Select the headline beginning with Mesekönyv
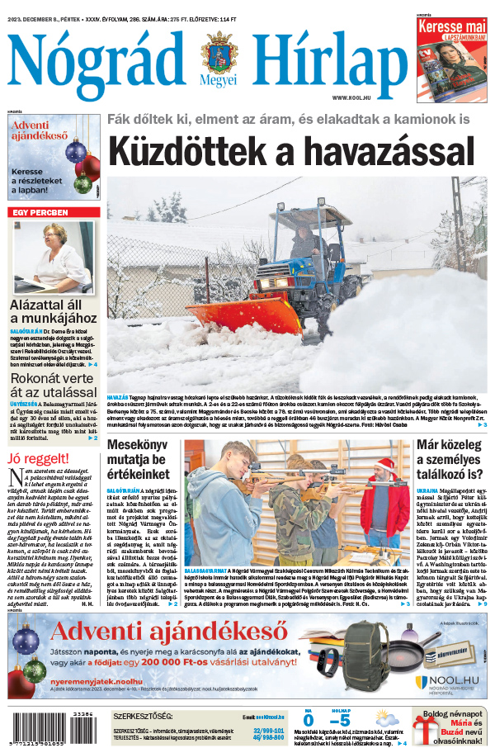coord(141,464)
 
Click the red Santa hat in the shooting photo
coord(380,466)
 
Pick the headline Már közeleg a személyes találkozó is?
coord(451,463)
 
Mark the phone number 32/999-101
coord(268,731)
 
